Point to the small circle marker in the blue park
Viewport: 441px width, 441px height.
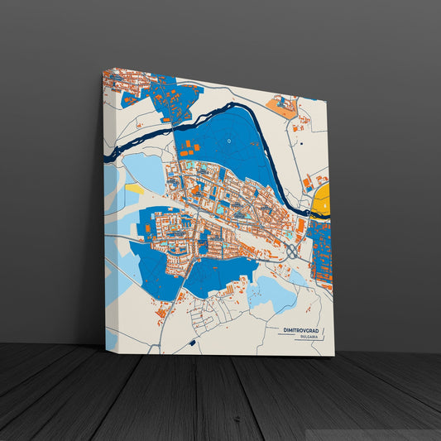[228, 141]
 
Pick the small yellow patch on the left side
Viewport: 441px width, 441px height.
[134, 189]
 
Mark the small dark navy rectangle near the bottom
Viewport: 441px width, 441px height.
[192, 341]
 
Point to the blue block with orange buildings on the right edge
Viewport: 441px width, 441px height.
[322, 252]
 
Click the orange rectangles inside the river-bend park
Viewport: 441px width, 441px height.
[189, 150]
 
